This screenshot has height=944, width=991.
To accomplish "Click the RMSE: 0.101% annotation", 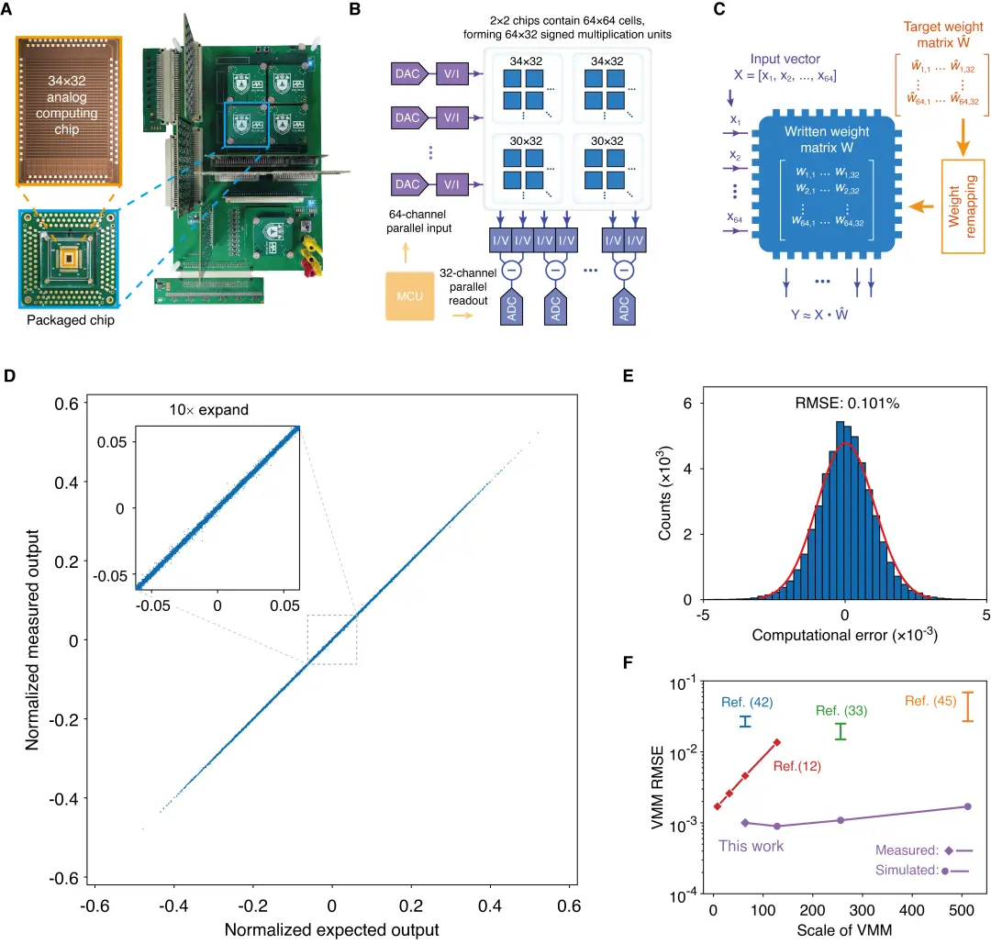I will pyautogui.click(x=844, y=403).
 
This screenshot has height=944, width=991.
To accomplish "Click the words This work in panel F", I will pyautogui.click(x=752, y=846).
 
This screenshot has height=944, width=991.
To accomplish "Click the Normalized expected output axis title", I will pyautogui.click(x=332, y=929).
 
